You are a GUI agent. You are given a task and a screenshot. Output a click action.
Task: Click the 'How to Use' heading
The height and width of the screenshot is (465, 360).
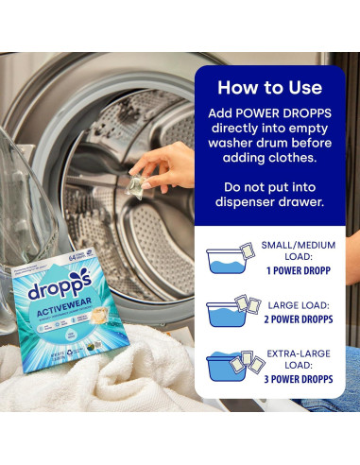point(270,88)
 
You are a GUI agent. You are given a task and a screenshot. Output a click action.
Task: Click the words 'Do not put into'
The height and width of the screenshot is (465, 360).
point(270,185)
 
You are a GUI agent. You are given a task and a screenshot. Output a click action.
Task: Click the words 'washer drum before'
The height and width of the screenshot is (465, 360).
point(270,146)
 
